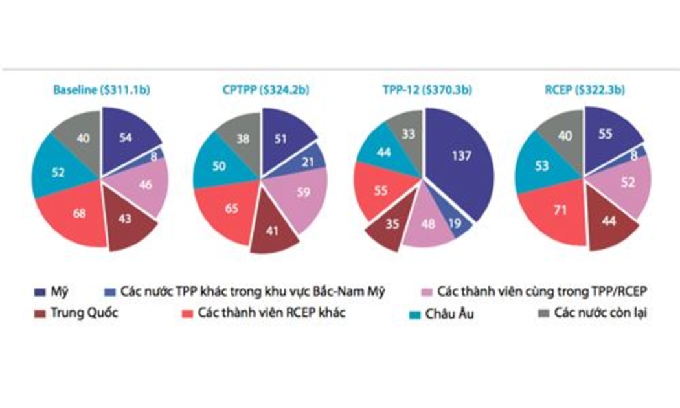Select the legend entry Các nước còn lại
593,313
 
